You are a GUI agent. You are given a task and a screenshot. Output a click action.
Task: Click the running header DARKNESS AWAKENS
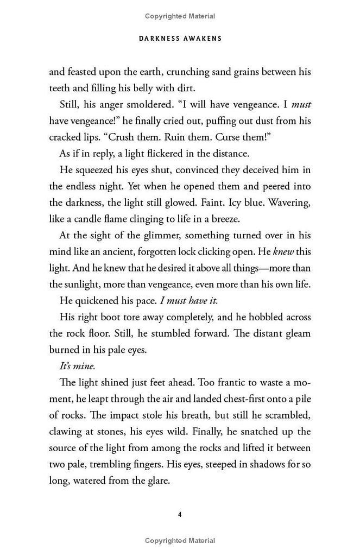coord(179,39)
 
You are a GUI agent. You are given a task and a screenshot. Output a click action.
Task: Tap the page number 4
coord(180,514)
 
